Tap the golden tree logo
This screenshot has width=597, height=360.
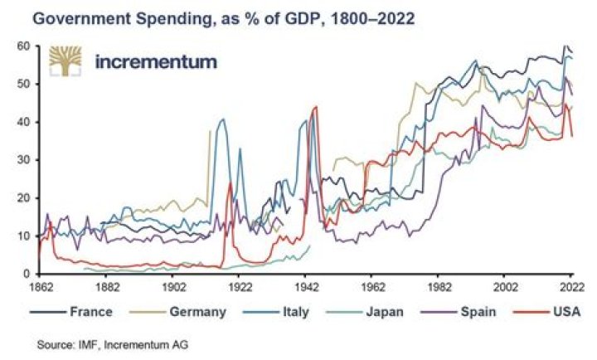(x=66, y=61)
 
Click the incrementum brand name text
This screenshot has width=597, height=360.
(x=156, y=61)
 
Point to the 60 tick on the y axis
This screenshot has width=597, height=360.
(x=27, y=46)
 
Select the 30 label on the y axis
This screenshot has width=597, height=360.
(x=27, y=160)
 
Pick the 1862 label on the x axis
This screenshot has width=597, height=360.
(x=40, y=287)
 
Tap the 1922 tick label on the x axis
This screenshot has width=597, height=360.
(x=239, y=287)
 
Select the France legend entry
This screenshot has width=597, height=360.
(x=71, y=312)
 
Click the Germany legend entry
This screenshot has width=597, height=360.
(x=177, y=312)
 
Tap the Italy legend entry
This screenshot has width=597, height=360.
(x=276, y=312)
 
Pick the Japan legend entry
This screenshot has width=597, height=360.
(x=365, y=312)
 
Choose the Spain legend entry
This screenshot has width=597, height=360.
(x=459, y=312)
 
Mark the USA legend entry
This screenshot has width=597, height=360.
(x=547, y=312)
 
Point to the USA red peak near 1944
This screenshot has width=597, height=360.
(x=315, y=107)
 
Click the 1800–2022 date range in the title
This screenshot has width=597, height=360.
(x=373, y=18)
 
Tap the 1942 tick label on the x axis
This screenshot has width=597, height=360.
(x=305, y=287)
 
